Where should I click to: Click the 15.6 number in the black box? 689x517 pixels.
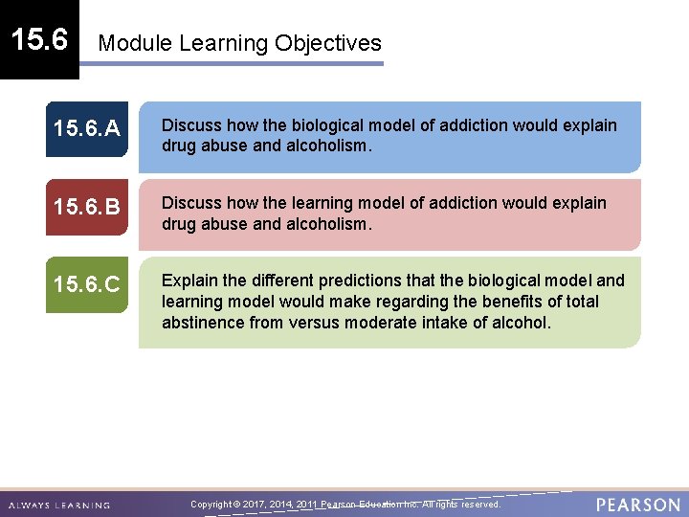point(39,39)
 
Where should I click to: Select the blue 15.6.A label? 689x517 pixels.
point(86,125)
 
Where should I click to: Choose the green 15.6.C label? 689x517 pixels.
point(86,284)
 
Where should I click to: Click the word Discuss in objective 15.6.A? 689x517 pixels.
point(190,125)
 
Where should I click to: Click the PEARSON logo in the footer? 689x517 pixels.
point(637,504)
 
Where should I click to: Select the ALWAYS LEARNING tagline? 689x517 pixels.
point(59,505)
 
